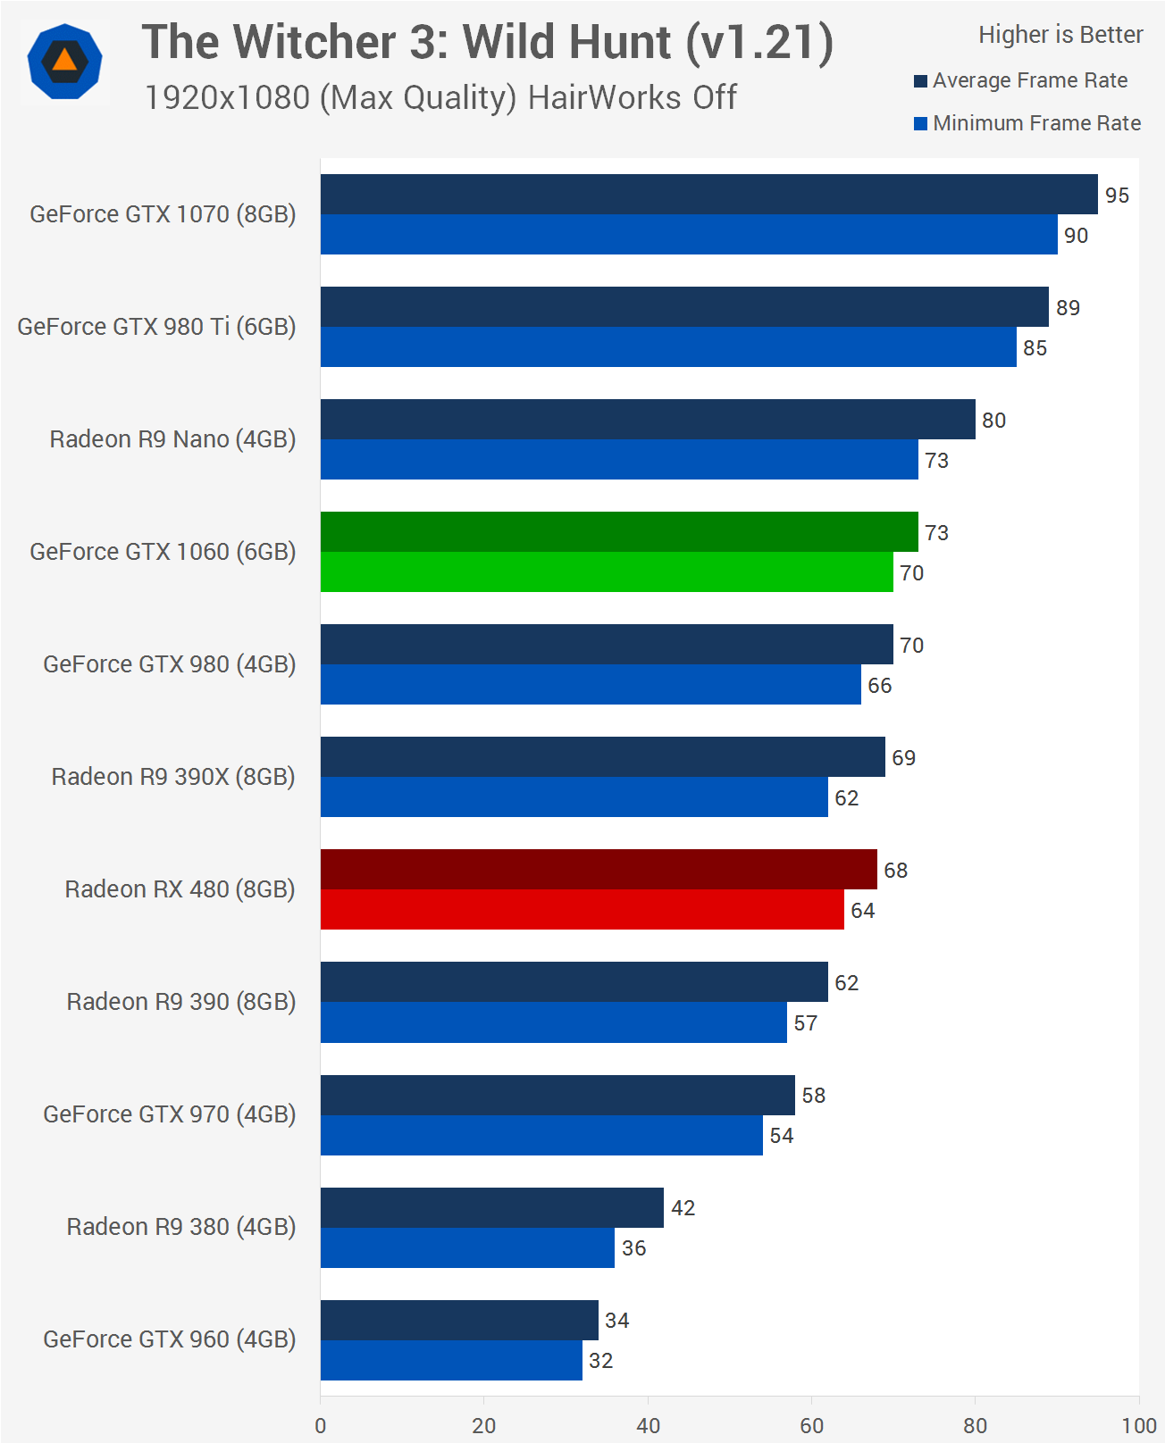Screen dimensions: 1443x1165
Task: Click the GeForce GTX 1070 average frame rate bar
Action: tap(708, 194)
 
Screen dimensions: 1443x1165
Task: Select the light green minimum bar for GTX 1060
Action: tap(607, 571)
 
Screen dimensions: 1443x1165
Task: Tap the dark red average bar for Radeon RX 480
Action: tap(599, 869)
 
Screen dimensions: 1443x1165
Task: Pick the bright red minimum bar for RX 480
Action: tap(582, 909)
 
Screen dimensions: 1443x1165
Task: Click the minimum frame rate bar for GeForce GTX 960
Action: tap(451, 1360)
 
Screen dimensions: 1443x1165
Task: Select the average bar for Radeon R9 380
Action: tap(491, 1207)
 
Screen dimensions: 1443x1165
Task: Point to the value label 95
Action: tap(1117, 196)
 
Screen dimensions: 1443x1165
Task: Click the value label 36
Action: tap(633, 1248)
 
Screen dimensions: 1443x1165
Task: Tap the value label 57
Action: tap(805, 1023)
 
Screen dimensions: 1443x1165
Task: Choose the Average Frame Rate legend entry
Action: tap(1029, 80)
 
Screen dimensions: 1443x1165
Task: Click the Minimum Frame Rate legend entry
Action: tap(1036, 123)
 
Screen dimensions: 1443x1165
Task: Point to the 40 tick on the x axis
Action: tap(648, 1425)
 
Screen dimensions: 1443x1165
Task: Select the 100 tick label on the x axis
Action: tap(1139, 1425)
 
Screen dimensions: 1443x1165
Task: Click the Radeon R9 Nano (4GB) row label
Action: tap(172, 439)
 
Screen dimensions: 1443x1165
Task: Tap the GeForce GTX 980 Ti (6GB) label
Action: tap(156, 327)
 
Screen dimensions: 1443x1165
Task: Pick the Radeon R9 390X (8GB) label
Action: tap(173, 777)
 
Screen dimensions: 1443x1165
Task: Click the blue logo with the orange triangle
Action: tap(64, 62)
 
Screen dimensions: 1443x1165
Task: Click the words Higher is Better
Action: tap(1060, 35)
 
